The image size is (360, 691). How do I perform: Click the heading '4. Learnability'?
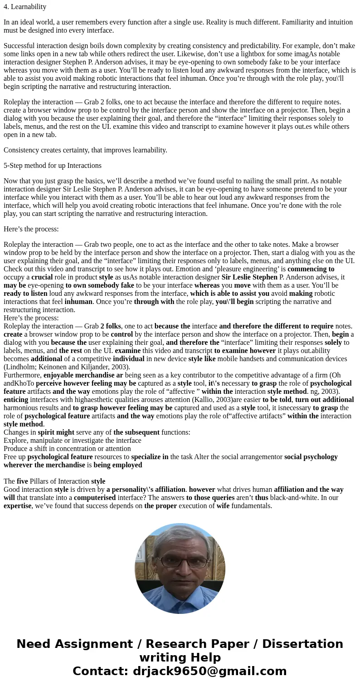pyautogui.click(x=25, y=7)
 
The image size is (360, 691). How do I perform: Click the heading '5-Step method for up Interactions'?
pyautogui.click(x=53, y=166)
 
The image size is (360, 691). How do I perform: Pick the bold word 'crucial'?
pyautogui.click(x=42, y=277)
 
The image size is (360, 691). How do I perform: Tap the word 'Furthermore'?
pyautogui.click(x=23, y=375)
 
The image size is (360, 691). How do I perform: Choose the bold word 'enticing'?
pyautogui.click(x=16, y=400)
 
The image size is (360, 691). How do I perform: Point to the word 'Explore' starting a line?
pyautogui.click(x=16, y=441)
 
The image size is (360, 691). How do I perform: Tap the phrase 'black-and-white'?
pyautogui.click(x=294, y=498)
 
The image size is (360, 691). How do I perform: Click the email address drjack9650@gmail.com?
pyautogui.click(x=209, y=671)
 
